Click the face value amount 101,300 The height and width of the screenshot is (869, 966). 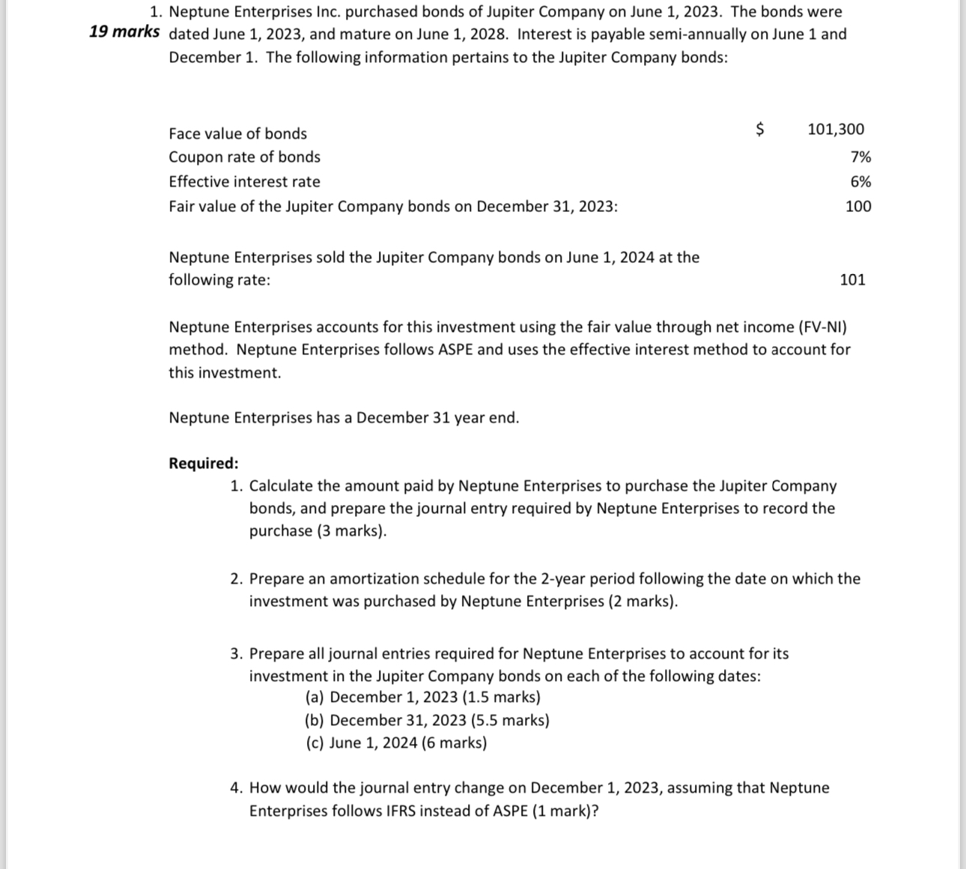point(836,129)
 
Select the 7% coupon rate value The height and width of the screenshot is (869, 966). point(860,157)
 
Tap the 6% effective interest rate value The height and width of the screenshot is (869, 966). point(860,181)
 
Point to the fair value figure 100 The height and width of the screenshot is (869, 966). point(858,206)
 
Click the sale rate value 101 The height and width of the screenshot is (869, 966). point(852,279)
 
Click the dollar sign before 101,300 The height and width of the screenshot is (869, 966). point(759,129)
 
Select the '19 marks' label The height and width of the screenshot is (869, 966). point(124,31)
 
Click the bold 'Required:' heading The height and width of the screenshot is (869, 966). point(204,463)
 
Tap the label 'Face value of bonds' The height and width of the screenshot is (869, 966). point(237,133)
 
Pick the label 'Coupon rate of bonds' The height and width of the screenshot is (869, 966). point(244,157)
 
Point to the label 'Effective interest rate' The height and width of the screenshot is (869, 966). point(244,181)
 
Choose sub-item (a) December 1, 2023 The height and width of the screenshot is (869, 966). point(422,697)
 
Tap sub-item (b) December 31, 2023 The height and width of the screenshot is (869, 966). point(427,721)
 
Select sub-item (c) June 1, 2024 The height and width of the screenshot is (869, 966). point(395,743)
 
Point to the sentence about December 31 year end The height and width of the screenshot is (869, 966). point(344,418)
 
